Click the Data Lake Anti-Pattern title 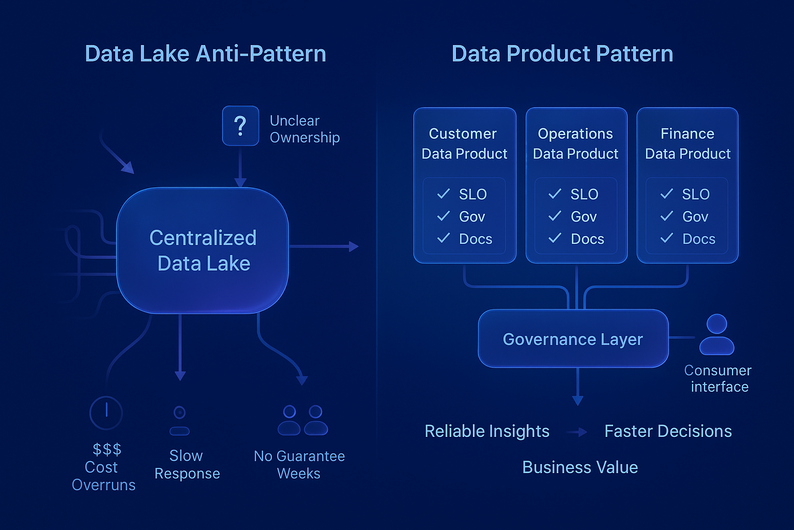[x=205, y=54]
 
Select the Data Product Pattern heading [x=562, y=54]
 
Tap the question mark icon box [x=240, y=126]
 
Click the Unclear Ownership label [x=304, y=129]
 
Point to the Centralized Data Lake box [x=203, y=251]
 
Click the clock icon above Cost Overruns [x=106, y=413]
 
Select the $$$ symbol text [x=106, y=449]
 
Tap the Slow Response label [x=187, y=464]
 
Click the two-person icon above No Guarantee [x=302, y=420]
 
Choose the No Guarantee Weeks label [x=299, y=464]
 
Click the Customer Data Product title [x=464, y=143]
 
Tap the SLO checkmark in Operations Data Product [x=555, y=194]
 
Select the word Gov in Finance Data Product [x=695, y=217]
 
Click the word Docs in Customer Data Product [x=475, y=239]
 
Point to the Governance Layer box [x=573, y=339]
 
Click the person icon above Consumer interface [x=716, y=334]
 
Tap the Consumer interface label [x=718, y=378]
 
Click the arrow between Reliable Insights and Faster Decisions [x=577, y=432]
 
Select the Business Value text [x=579, y=467]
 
